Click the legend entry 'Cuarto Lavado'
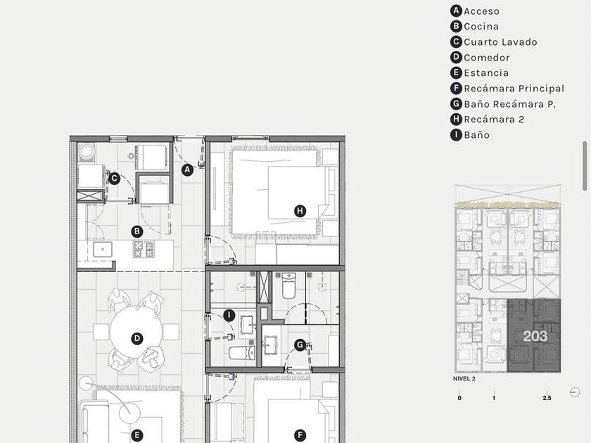tap(500, 41)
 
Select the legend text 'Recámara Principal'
tap(514, 89)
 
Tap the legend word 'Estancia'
tap(486, 72)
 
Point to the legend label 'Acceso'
tap(482, 11)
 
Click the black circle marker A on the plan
tap(187, 170)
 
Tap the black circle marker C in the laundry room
tap(114, 178)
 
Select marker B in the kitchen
tap(137, 231)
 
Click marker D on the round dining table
tap(137, 338)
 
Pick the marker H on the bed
tap(300, 210)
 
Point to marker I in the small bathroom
tap(229, 315)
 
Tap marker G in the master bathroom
tap(300, 345)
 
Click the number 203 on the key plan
tap(535, 335)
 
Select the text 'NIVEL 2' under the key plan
tap(464, 378)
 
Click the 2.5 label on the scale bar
tap(547, 398)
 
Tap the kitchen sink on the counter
tap(103, 249)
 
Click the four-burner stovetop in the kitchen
tap(144, 249)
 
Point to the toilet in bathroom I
tap(241, 353)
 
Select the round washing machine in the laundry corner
tap(87, 152)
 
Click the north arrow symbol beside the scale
tap(575, 392)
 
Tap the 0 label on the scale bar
tap(459, 398)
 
